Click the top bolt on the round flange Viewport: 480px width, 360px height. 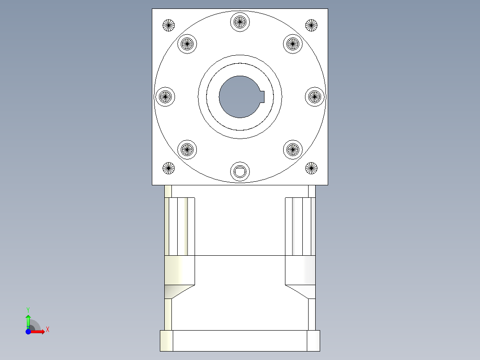pos(240,21)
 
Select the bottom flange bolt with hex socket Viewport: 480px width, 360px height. pos(240,172)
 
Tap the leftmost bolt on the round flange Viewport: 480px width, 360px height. pos(165,96)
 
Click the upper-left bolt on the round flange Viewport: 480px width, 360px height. pos(187,43)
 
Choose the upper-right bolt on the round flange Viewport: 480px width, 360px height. pos(293,43)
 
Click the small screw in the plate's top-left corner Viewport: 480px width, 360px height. pos(168,25)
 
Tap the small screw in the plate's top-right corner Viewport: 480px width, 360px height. pos(312,25)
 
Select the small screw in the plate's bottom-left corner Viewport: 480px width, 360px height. pos(168,168)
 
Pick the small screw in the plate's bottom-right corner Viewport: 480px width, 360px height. pos(312,168)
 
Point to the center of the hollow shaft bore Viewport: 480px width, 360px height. pos(239,97)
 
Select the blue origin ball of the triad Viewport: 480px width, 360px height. pos(28,332)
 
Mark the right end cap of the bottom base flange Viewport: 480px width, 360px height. pos(313,341)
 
